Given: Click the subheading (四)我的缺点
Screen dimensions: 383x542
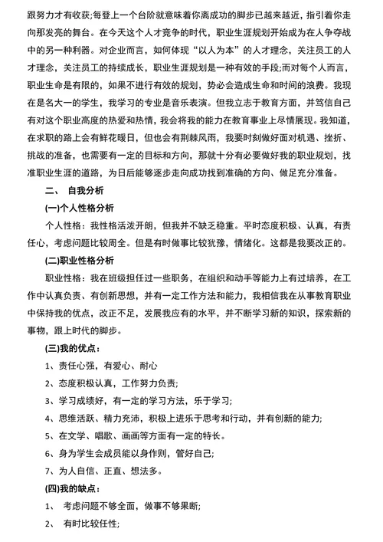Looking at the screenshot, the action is [x=73, y=486].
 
